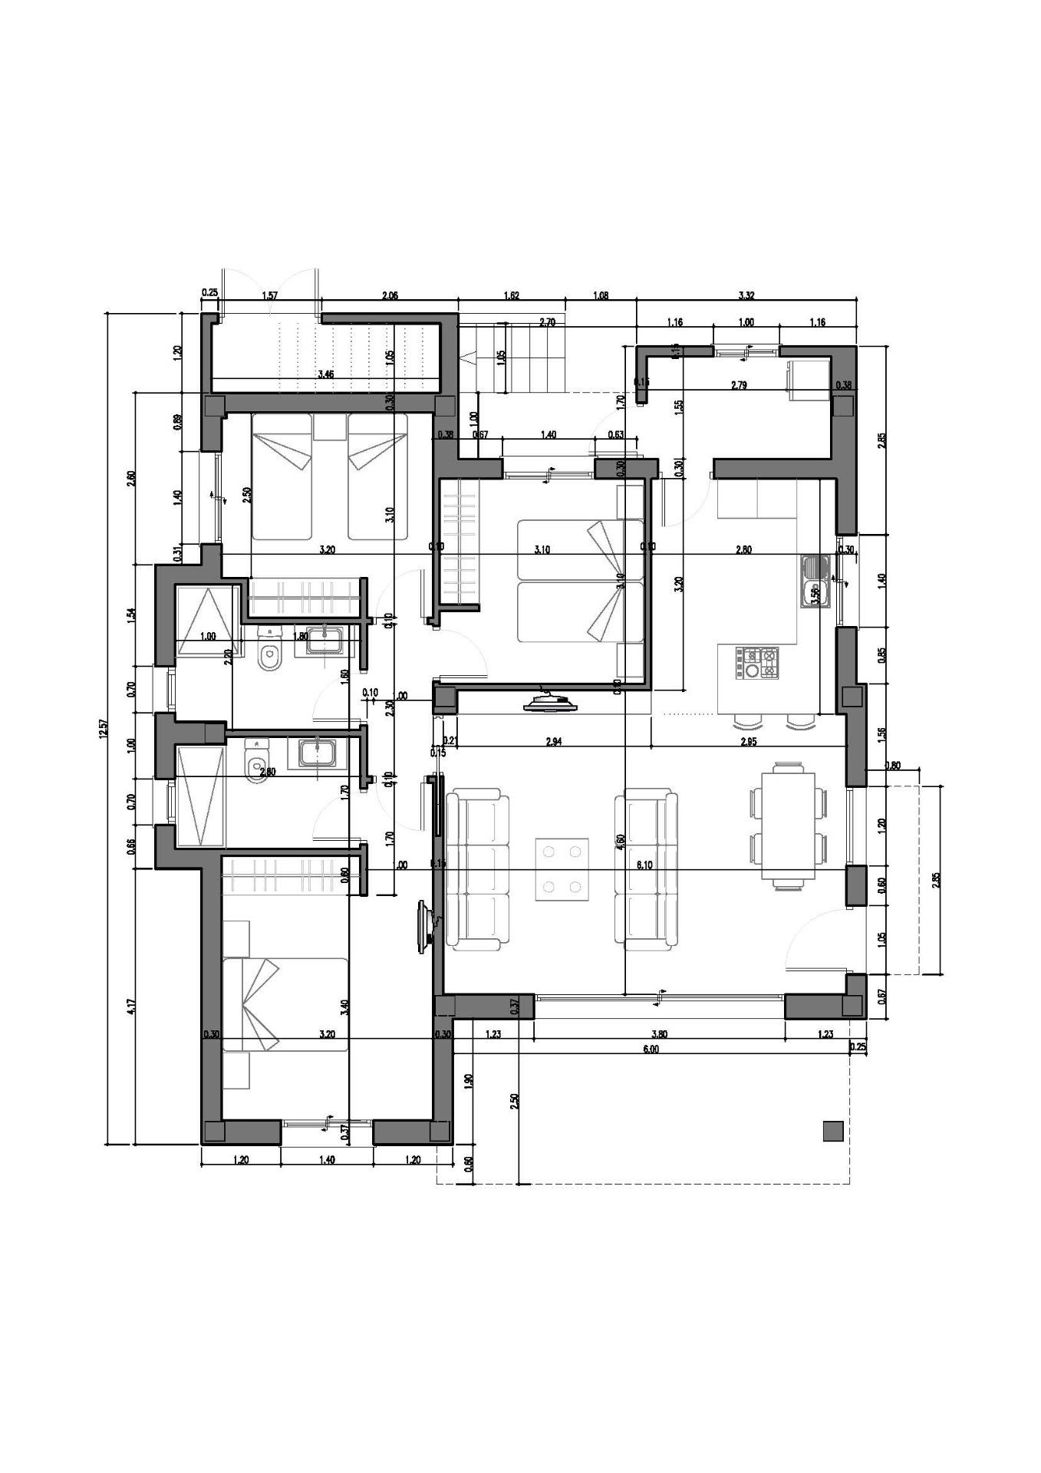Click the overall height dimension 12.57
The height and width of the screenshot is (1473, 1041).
pos(100,730)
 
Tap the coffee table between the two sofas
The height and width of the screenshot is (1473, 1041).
pos(562,869)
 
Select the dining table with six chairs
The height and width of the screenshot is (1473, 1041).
pos(788,825)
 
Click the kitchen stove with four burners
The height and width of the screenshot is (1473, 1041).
pos(757,664)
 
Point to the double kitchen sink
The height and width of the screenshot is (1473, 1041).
pos(812,581)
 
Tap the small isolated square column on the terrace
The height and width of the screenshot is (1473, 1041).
pos(832,1131)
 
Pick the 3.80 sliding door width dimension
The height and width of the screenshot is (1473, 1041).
pos(659,1034)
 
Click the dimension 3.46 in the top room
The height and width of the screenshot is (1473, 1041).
pos(325,374)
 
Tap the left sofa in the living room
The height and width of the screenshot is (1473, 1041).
pos(478,869)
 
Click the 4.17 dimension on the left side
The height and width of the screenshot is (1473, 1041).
pos(131,1005)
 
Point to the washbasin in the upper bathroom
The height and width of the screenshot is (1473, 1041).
pos(327,640)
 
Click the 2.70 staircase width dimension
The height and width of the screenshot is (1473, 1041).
pos(547,323)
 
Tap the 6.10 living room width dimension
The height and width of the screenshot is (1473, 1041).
pos(644,865)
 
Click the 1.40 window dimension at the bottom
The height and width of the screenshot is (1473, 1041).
pos(326,1160)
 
